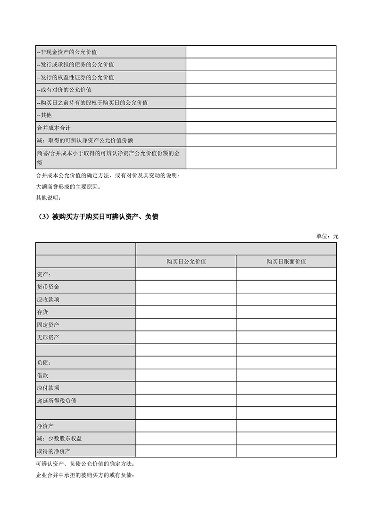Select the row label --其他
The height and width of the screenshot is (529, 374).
(x=45, y=115)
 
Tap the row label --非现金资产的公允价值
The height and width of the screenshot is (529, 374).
(x=67, y=52)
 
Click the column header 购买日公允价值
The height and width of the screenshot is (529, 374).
(x=186, y=261)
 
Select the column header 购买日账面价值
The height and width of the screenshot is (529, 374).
(x=286, y=261)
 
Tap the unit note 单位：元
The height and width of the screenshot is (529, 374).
(x=327, y=236)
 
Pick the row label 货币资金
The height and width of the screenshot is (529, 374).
(x=48, y=287)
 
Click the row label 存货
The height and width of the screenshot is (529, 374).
(x=42, y=312)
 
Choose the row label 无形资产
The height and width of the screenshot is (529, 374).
(x=48, y=338)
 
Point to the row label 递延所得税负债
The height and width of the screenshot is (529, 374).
(x=57, y=401)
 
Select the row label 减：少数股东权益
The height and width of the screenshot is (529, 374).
(x=59, y=438)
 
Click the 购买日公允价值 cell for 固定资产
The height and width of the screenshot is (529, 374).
(x=186, y=325)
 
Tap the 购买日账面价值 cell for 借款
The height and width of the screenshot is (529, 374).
(x=286, y=375)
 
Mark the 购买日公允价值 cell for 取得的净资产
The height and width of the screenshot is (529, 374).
(x=186, y=451)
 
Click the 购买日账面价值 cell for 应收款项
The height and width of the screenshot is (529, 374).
(x=286, y=299)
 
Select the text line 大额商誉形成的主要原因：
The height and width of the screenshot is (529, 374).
(x=68, y=187)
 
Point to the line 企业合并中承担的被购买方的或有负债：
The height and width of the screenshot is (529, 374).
(x=85, y=475)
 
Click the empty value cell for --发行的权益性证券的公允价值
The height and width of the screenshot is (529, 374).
(x=261, y=77)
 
